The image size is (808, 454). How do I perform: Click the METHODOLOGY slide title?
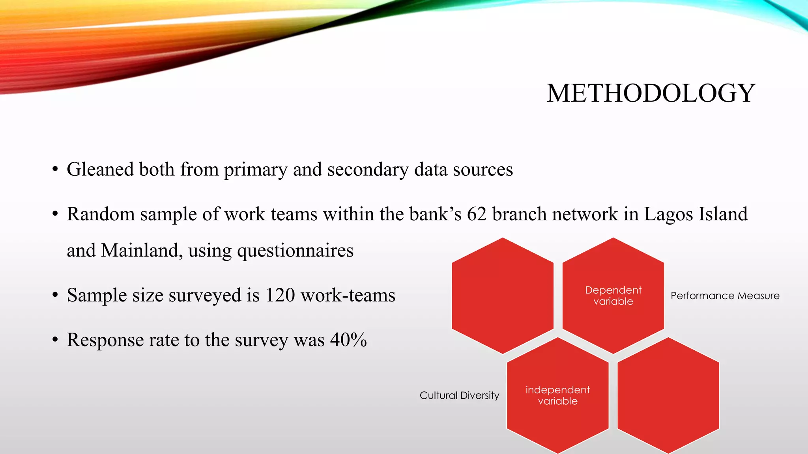coord(651,94)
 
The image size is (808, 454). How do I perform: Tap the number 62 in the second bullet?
coord(477,214)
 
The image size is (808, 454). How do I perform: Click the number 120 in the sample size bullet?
coord(280,295)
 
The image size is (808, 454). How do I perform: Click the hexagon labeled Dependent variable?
coord(613,296)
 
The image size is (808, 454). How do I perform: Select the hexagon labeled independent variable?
coord(557,395)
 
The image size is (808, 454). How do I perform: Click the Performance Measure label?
coord(725,296)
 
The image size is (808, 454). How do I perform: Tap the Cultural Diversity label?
coord(459,395)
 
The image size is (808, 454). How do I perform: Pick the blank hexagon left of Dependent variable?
coord(502,296)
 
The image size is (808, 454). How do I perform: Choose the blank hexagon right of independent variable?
coord(668,395)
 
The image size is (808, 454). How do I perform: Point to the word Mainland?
coord(141,251)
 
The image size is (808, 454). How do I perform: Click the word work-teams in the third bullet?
coord(348,295)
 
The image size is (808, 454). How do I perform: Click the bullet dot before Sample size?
coord(55,295)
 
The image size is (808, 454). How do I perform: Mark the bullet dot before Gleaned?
coord(55,170)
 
